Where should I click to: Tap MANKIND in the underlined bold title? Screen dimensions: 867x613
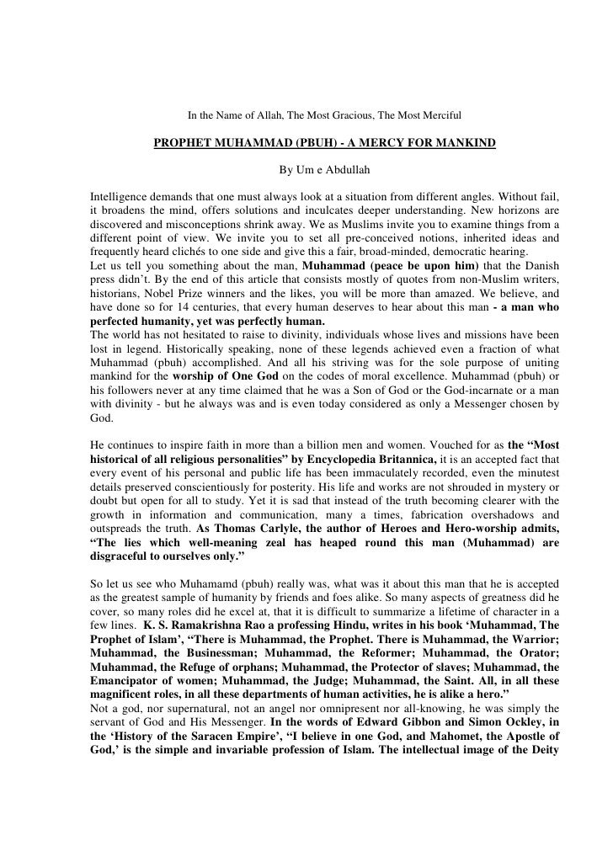(x=457, y=143)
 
